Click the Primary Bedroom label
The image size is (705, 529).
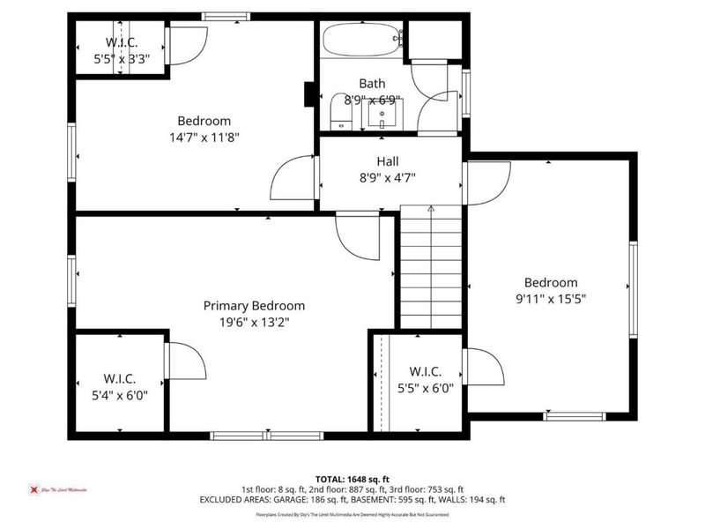[x=254, y=306]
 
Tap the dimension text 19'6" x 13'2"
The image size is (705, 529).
[x=254, y=323]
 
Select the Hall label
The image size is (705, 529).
[x=388, y=161]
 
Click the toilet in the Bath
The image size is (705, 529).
[x=339, y=114]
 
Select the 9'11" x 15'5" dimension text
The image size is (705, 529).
[x=551, y=299]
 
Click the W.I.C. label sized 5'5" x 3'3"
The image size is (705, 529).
[x=121, y=43]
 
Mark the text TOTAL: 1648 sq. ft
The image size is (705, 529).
[x=352, y=477]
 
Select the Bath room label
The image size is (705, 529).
[x=372, y=85]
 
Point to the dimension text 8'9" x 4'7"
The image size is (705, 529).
[x=388, y=177]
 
